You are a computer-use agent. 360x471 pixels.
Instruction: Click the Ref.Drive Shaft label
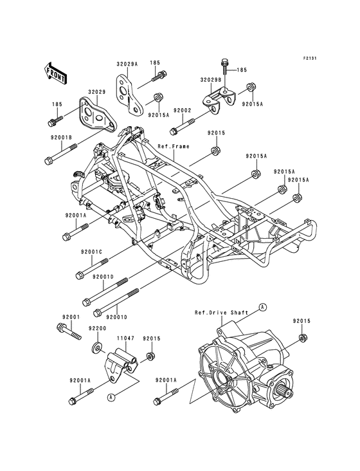[220, 313]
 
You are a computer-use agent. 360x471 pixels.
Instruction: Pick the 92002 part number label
[165, 110]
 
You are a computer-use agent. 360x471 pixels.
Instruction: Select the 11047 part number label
[125, 337]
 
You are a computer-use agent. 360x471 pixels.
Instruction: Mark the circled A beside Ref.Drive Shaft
[262, 308]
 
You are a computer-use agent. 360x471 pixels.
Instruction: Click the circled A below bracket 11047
[111, 397]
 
